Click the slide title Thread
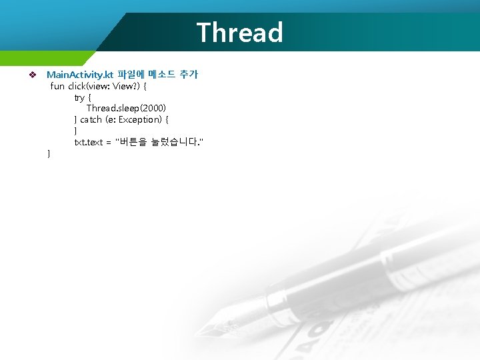coord(240,32)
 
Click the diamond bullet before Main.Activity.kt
coord(31,75)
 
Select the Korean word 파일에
coord(131,75)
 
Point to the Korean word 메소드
coord(161,75)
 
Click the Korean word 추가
coord(189,75)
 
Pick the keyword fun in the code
coord(57,86)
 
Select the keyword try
coord(79,97)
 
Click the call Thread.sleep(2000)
coord(126,108)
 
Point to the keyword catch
coord(91,119)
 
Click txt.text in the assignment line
coord(87,142)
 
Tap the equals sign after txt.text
coord(108,142)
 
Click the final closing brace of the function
coord(49,154)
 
